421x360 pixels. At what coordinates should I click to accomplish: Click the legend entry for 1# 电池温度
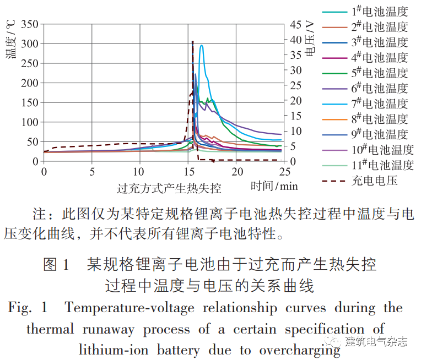tap(380, 11)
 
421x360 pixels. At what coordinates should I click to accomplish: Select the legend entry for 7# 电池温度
tap(380, 103)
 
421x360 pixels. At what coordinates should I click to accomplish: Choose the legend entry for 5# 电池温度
tap(380, 73)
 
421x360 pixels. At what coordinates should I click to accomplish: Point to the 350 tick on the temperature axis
tap(31, 25)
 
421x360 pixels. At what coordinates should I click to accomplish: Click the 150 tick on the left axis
tap(31, 103)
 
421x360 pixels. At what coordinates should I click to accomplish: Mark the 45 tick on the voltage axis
tap(296, 25)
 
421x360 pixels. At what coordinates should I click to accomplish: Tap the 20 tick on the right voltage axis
tap(296, 101)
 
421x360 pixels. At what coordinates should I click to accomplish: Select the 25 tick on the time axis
tap(285, 172)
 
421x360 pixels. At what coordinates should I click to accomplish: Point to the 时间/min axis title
tap(274, 186)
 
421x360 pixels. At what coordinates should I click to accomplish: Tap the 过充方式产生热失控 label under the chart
tap(169, 188)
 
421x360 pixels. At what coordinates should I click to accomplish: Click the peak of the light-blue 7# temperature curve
tap(202, 46)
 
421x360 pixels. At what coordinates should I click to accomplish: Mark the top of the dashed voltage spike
tap(192, 41)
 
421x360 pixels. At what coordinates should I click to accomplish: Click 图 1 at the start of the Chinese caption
tap(56, 264)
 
